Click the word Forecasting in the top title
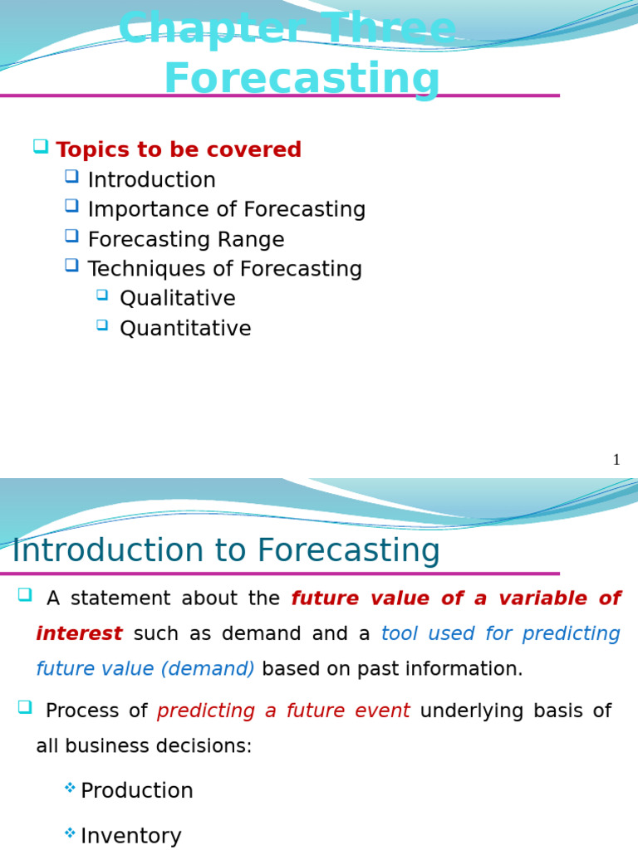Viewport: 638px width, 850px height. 302,79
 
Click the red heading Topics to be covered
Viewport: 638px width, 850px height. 179,150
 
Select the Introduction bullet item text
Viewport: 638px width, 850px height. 151,180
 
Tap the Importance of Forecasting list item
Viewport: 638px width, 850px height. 226,210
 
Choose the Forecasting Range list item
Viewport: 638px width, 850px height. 185,240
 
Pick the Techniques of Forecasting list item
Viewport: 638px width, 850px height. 224,269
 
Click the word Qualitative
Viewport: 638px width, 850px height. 177,299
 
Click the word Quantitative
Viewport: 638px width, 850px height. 185,329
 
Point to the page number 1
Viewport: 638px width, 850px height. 616,460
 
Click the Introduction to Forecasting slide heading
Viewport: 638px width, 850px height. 226,551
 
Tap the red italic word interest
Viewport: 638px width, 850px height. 79,634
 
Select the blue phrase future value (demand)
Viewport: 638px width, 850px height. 145,669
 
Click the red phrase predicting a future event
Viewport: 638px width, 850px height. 283,711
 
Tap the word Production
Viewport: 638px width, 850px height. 137,791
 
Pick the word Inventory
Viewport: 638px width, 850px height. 131,836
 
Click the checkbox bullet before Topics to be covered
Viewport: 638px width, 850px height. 40,146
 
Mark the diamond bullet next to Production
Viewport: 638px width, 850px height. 70,788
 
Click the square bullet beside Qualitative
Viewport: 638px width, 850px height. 102,295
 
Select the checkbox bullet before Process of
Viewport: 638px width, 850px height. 25,707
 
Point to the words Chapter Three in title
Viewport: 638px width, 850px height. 287,29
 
